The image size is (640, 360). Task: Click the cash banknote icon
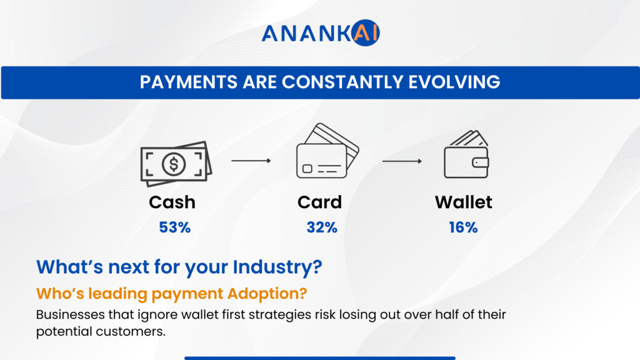tap(176, 164)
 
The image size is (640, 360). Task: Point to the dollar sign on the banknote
tap(173, 164)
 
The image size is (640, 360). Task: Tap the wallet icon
tap(466, 155)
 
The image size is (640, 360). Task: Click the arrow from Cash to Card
tap(251, 161)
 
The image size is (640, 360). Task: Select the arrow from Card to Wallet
tap(401, 161)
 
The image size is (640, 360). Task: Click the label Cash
tap(172, 202)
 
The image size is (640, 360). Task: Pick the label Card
tap(319, 202)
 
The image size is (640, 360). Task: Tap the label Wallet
tap(463, 202)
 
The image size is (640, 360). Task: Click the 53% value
tap(174, 227)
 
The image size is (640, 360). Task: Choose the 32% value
tap(322, 227)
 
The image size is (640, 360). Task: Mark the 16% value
tap(463, 227)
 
